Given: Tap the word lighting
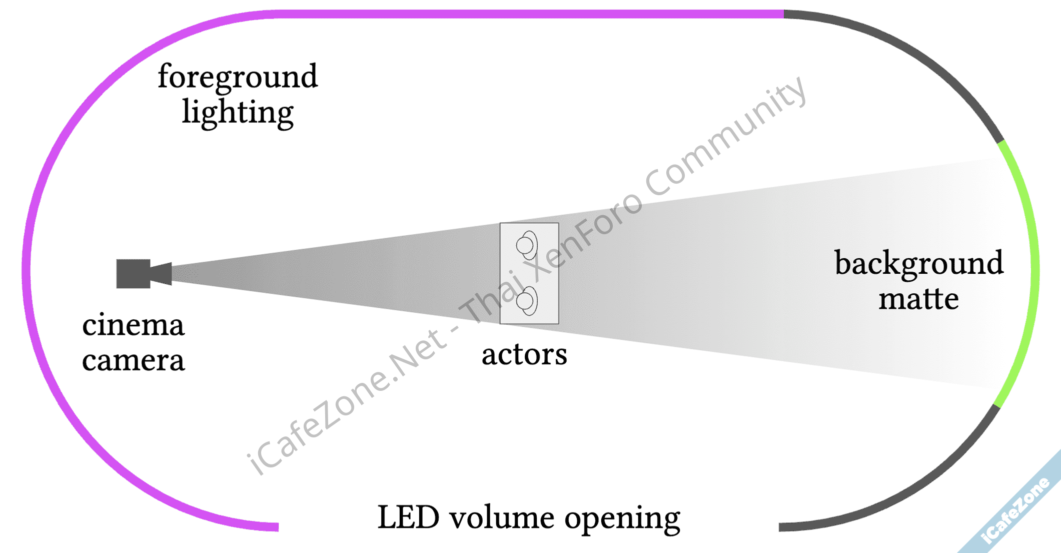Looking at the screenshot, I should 238,113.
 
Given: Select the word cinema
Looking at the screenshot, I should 133,325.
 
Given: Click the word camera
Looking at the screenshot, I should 133,360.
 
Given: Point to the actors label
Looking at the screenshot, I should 524,354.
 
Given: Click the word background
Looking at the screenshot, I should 919,263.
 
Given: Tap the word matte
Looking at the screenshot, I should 918,299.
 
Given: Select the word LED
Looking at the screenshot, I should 408,517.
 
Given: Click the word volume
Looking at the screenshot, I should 502,517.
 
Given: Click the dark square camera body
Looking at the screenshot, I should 133,274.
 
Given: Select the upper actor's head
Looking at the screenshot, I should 525,245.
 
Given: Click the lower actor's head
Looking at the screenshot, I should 525,301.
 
